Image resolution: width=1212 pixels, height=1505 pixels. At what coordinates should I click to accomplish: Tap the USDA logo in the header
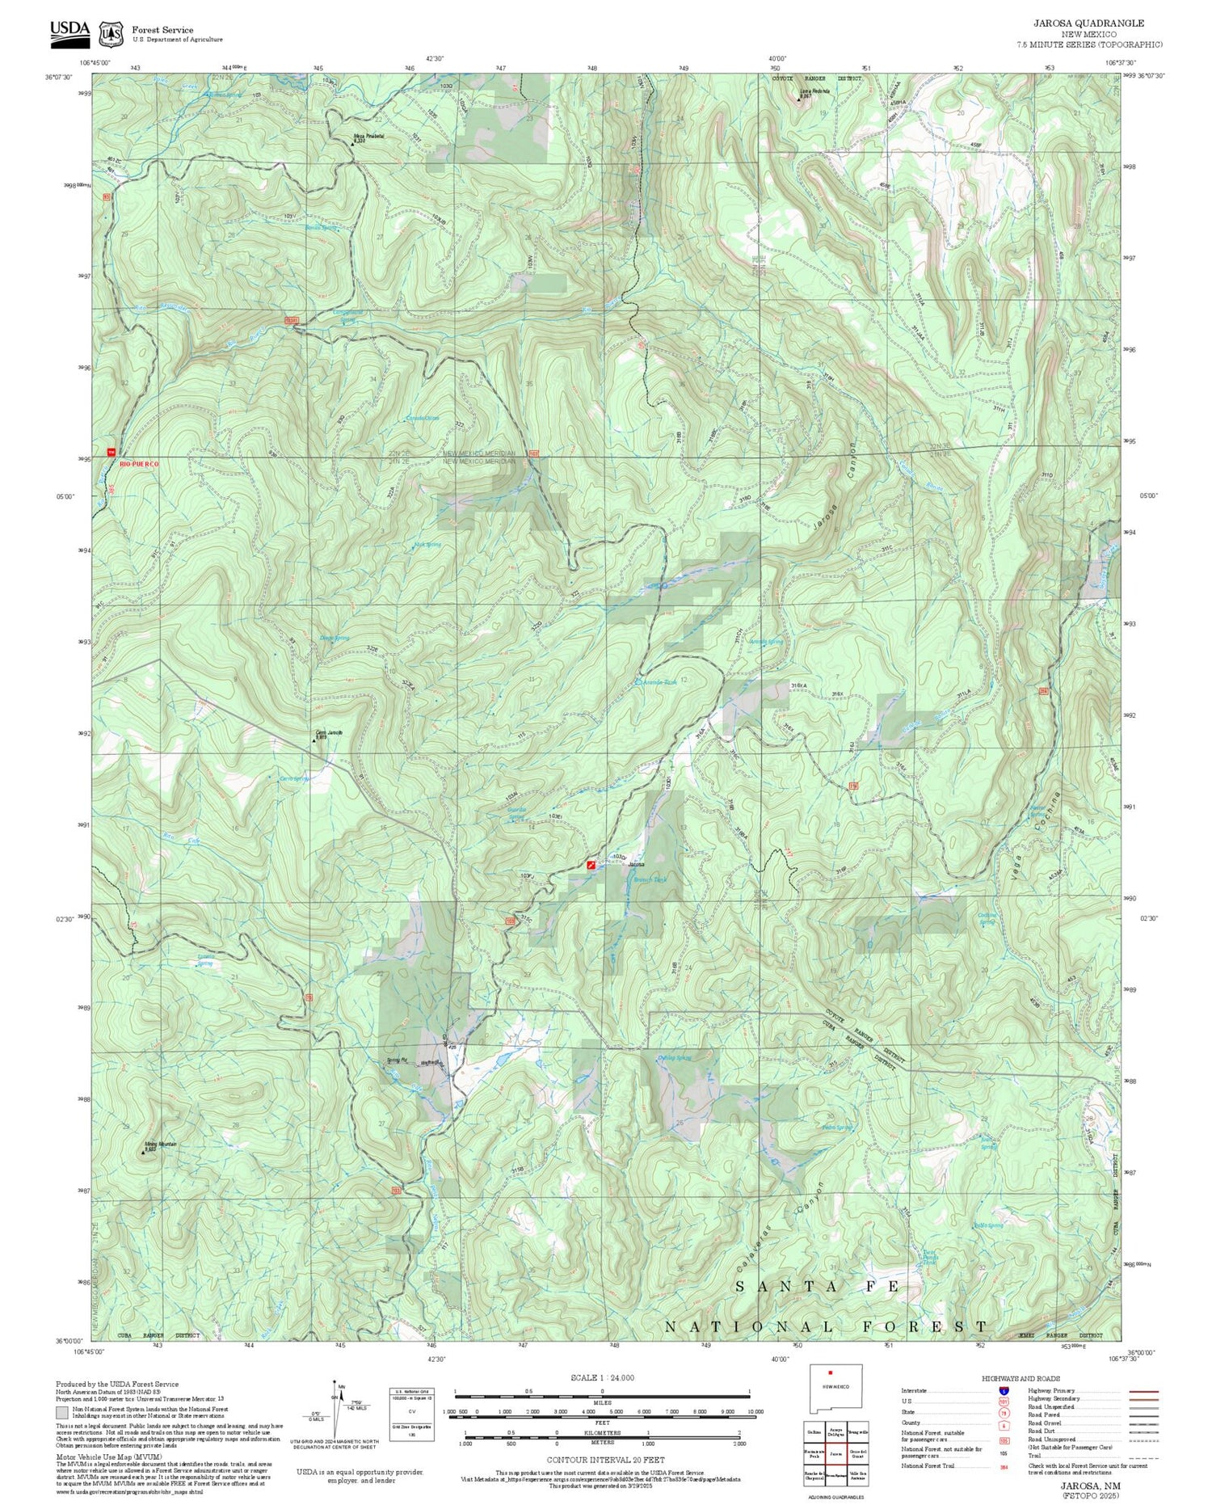[x=69, y=30]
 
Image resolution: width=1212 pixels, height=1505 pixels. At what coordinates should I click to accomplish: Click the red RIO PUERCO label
[x=139, y=464]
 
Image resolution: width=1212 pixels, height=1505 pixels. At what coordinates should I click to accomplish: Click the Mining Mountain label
[x=160, y=1145]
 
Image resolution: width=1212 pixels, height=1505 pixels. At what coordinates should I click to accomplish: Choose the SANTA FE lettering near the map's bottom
[x=818, y=1287]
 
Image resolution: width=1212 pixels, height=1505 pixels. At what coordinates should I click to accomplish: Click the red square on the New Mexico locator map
[x=830, y=1372]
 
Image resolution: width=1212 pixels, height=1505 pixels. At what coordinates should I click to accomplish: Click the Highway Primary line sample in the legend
[x=1139, y=1391]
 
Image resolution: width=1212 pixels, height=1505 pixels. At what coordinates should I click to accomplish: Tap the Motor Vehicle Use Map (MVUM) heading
[x=99, y=1457]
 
